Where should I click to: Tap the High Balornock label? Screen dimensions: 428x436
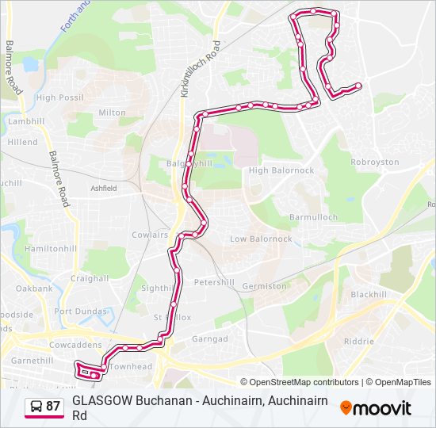point(281,170)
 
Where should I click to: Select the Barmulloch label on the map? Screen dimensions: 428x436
point(313,217)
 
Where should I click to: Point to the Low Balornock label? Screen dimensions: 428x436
point(261,239)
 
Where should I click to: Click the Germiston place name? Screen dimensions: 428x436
point(265,286)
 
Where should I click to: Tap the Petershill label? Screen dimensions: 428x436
point(214,281)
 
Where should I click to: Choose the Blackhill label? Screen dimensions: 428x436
point(368,294)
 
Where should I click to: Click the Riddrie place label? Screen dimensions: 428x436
point(358,341)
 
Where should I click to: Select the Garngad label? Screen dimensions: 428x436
point(210,338)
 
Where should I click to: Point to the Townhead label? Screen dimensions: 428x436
point(130,367)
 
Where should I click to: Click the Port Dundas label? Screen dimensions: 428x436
point(80,311)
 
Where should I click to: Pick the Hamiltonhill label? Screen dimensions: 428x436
point(51,248)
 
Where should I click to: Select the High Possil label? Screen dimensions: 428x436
point(59,97)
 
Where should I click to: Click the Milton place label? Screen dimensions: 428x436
point(112,113)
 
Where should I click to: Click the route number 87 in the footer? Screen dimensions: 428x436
point(53,407)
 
